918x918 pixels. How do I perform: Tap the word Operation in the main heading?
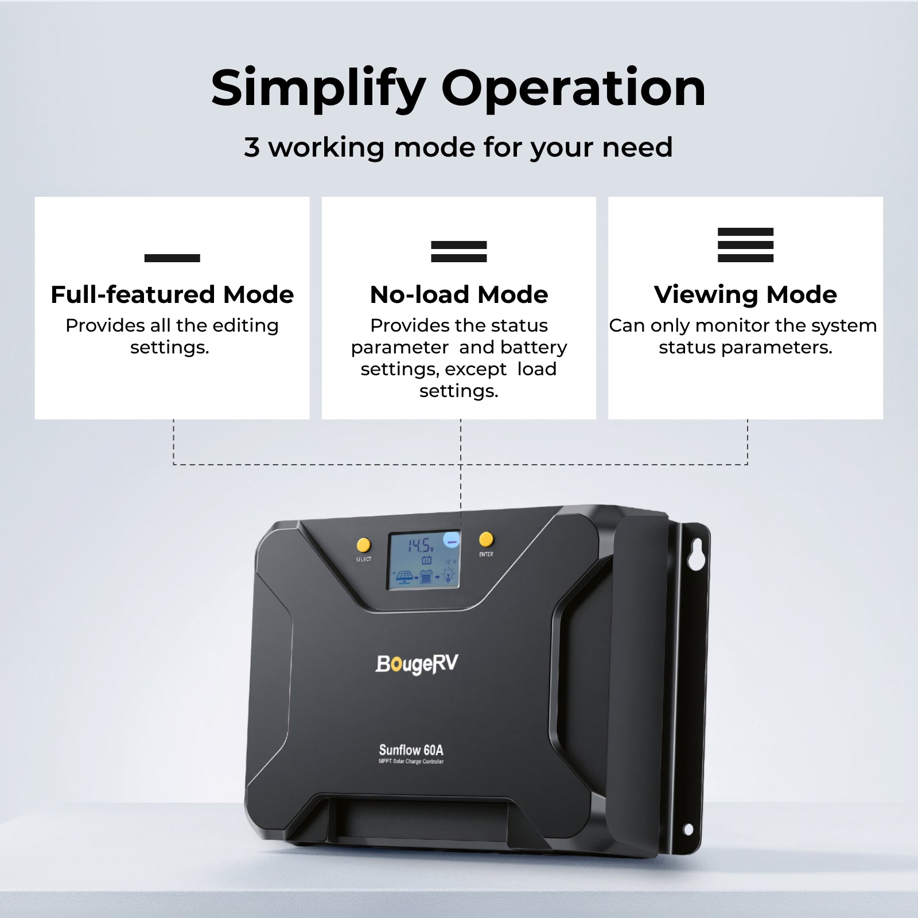pyautogui.click(x=573, y=88)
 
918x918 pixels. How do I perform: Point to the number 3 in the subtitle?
pyautogui.click(x=252, y=147)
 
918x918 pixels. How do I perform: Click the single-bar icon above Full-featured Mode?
pyautogui.click(x=172, y=258)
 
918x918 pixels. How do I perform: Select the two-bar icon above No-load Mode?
pyautogui.click(x=459, y=251)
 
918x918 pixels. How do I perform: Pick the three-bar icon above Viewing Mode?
pyautogui.click(x=745, y=245)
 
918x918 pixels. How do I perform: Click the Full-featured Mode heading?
pyautogui.click(x=172, y=295)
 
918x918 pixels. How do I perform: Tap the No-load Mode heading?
pyautogui.click(x=459, y=295)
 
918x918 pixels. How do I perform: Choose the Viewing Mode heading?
pyautogui.click(x=745, y=295)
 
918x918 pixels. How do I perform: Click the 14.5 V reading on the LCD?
pyautogui.click(x=421, y=545)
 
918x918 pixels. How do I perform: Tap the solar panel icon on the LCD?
pyautogui.click(x=404, y=575)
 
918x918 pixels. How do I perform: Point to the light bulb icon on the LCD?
pyautogui.click(x=448, y=574)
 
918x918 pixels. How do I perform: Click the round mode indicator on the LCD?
pyautogui.click(x=452, y=540)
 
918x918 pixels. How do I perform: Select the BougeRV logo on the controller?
pyautogui.click(x=417, y=664)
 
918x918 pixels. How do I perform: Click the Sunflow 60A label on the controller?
pyautogui.click(x=411, y=750)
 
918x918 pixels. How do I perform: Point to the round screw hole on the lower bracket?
pyautogui.click(x=688, y=829)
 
